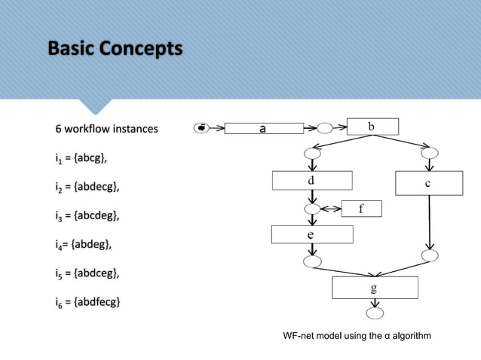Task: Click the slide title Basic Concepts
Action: click(115, 50)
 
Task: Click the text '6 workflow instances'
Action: click(106, 129)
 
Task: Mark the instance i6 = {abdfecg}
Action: click(90, 303)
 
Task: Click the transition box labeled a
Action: click(262, 129)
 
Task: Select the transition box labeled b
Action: click(372, 127)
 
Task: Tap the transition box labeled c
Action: click(427, 182)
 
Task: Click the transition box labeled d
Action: click(312, 181)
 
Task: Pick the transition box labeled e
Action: click(312, 234)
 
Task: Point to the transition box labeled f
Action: click(362, 209)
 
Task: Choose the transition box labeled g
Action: click(375, 288)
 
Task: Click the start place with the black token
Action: click(202, 128)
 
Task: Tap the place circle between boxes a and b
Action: click(325, 128)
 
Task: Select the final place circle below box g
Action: click(375, 313)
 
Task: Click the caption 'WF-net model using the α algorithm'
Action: click(357, 335)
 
